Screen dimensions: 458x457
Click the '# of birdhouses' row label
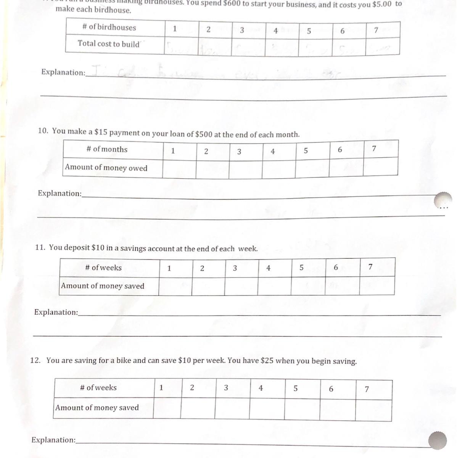coord(109,27)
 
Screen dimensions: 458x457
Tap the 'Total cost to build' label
coord(109,44)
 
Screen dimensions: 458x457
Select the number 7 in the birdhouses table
coord(376,31)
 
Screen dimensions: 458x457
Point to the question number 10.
coord(43,131)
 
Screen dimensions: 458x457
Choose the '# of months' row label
coord(107,150)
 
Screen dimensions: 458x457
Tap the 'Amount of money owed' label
coord(106,168)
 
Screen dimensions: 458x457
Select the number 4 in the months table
coord(272,152)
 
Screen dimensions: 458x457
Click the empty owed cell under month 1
coord(179,169)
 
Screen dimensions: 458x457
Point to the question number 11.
coord(40,247)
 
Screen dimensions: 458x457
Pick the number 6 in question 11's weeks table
coord(336,268)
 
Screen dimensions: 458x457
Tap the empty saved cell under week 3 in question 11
coord(241,286)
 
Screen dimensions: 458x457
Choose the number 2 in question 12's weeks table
coord(192,388)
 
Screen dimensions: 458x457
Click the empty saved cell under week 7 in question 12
coord(373,410)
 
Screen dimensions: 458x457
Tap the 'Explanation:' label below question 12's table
coord(53,440)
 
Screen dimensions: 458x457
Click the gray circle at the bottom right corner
coord(437,441)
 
